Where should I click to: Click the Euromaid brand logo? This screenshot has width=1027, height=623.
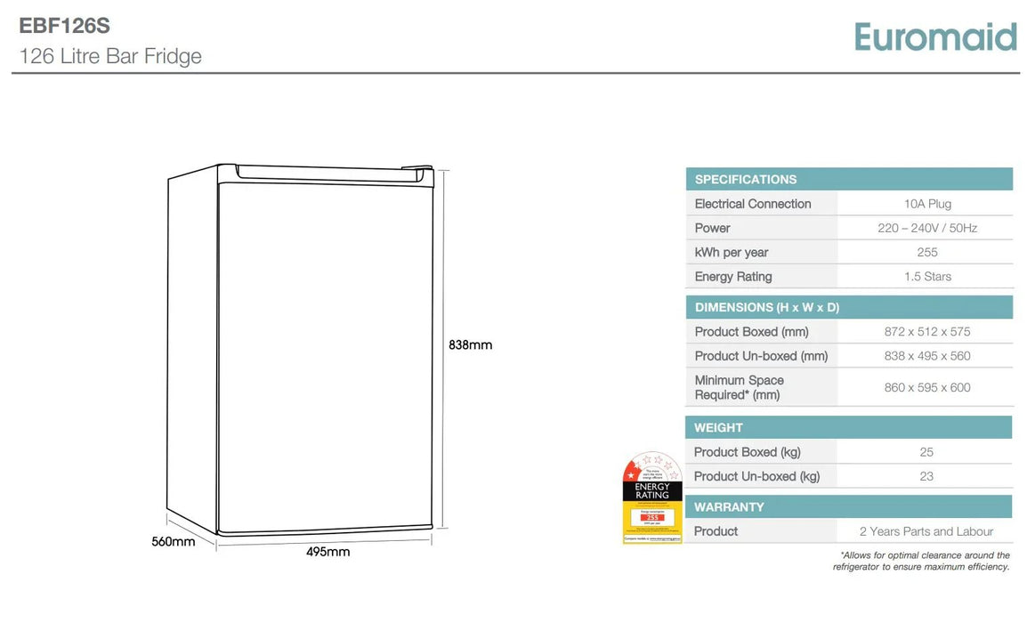click(934, 36)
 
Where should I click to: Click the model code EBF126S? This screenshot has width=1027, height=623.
click(65, 27)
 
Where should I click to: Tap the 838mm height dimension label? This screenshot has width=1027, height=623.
click(470, 345)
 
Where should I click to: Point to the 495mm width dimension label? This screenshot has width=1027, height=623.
click(328, 552)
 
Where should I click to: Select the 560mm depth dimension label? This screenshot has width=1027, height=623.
click(173, 541)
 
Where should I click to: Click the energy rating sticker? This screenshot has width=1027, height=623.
click(651, 498)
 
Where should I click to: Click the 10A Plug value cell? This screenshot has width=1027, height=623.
click(927, 204)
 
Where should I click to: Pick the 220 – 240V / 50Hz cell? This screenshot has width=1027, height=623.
click(927, 228)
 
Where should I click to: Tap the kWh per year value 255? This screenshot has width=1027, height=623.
click(927, 253)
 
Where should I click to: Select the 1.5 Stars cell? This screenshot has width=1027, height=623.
click(927, 277)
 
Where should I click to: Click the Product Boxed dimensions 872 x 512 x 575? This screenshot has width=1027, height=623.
click(927, 332)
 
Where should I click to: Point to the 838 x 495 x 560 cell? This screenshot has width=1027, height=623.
click(927, 356)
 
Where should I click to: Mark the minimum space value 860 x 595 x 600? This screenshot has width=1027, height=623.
click(927, 387)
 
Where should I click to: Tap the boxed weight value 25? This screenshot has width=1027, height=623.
click(926, 452)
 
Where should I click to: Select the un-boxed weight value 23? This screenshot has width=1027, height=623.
click(926, 476)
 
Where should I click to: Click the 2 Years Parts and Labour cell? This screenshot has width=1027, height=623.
click(926, 531)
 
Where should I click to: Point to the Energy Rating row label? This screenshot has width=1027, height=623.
click(733, 277)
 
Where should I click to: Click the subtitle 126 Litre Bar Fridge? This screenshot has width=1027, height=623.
click(110, 56)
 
